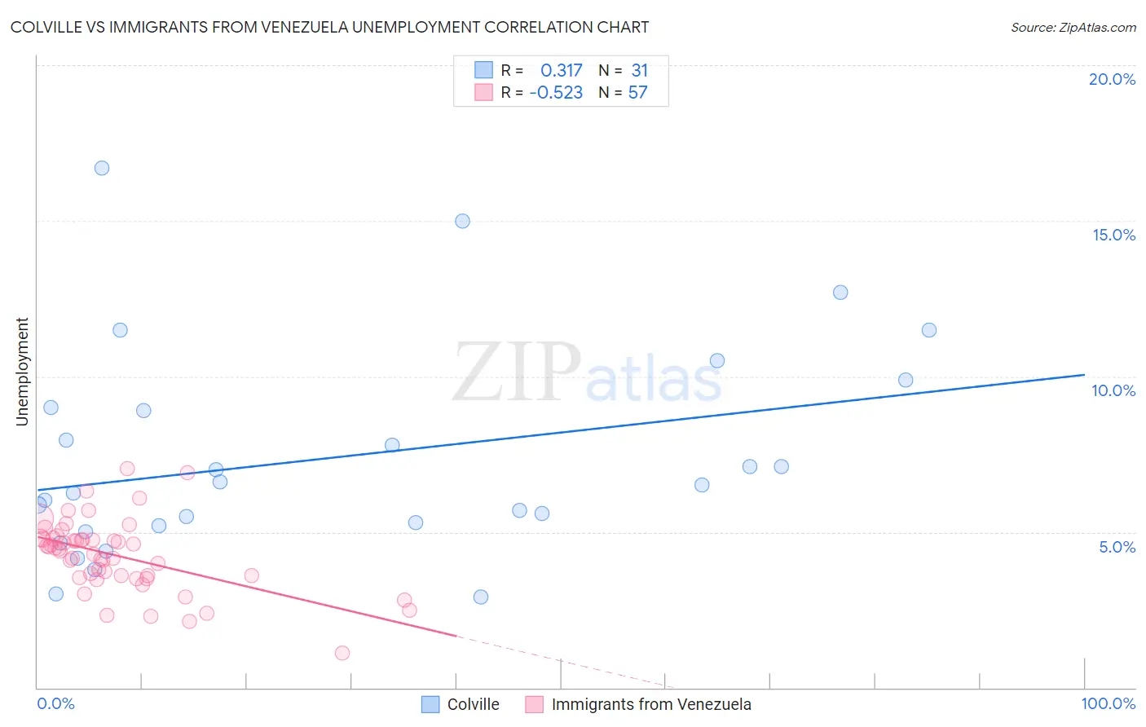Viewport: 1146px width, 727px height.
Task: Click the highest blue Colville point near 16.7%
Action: click(x=102, y=168)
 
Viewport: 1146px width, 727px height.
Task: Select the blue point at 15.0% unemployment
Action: click(x=462, y=221)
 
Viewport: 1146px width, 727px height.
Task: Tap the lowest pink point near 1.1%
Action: click(x=342, y=653)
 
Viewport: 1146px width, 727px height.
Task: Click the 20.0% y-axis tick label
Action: click(x=1112, y=79)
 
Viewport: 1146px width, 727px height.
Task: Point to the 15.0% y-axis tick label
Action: click(x=1113, y=235)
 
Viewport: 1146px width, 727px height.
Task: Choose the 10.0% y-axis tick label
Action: click(x=1113, y=390)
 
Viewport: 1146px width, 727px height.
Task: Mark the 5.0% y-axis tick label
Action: click(x=1117, y=547)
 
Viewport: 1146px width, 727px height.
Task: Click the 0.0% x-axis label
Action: click(x=55, y=703)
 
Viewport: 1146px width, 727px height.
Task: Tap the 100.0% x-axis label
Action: click(x=1108, y=703)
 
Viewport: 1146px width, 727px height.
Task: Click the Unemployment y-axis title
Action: click(x=22, y=372)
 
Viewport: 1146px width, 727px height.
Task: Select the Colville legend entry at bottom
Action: click(x=473, y=704)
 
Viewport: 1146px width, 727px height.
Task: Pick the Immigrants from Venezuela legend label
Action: click(x=650, y=704)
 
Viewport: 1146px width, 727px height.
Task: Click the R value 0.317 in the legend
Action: click(x=561, y=71)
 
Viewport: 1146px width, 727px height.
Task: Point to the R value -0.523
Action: click(x=556, y=93)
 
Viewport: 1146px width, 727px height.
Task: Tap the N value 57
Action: click(x=637, y=93)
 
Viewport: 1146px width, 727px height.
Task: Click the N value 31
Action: click(x=639, y=71)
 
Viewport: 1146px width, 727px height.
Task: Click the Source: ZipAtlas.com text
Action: click(x=1073, y=28)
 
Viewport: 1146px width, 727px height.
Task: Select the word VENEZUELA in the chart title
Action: click(x=304, y=27)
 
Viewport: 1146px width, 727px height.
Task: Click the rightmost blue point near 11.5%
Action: click(x=929, y=330)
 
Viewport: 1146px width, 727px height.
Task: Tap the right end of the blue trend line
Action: click(x=1084, y=375)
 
